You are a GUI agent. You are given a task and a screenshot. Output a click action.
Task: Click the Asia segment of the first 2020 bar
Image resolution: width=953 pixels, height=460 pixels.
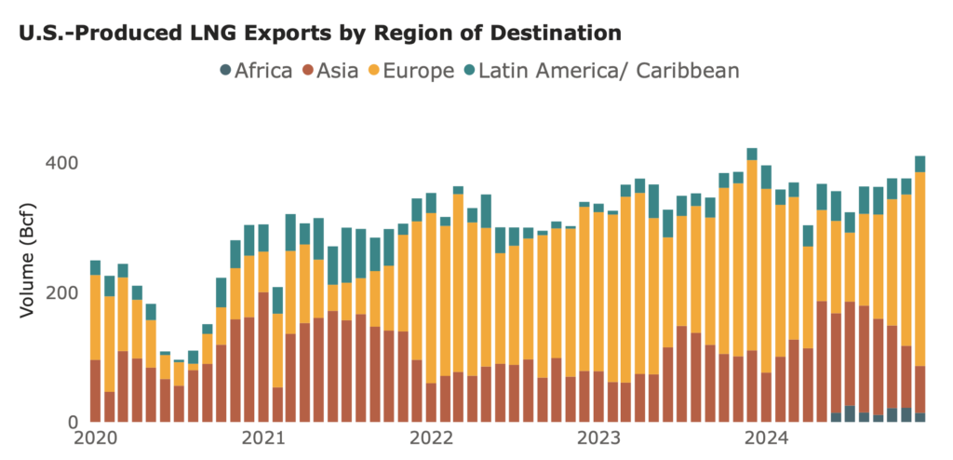[95, 390]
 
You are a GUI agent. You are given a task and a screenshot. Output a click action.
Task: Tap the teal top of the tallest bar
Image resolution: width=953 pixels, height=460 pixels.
[752, 155]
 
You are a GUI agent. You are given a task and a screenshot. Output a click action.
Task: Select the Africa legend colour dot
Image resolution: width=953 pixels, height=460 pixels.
[225, 70]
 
